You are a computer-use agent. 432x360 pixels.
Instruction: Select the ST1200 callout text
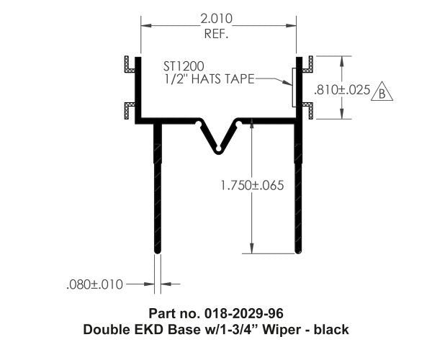tap(183, 66)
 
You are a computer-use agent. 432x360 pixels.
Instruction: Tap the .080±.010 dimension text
tap(92, 284)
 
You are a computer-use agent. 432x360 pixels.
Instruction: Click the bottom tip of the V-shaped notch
tap(217, 150)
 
